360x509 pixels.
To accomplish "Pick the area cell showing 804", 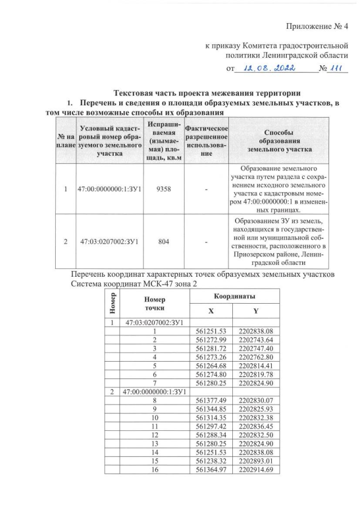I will click(x=163, y=242).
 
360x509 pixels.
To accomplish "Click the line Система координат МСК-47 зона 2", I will click(x=131, y=283).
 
